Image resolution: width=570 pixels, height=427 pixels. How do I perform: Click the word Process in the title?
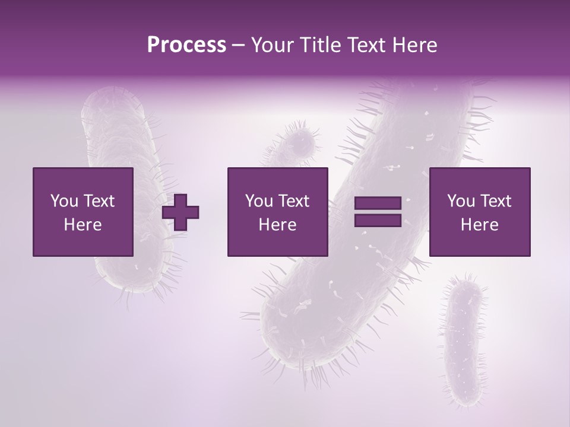(x=186, y=45)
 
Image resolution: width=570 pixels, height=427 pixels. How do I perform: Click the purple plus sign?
(x=180, y=212)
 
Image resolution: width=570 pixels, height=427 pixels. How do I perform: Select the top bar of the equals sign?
(x=378, y=203)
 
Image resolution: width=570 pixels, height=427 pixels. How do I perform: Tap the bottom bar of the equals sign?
(x=378, y=221)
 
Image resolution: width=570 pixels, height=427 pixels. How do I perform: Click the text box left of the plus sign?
(x=83, y=212)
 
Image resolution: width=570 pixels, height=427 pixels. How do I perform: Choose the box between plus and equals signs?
(x=277, y=212)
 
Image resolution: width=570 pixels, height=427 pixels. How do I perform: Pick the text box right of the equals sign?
(x=479, y=212)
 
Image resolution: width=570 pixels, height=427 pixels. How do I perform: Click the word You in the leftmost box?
(x=64, y=201)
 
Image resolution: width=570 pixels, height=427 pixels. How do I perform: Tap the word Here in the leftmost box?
(x=83, y=225)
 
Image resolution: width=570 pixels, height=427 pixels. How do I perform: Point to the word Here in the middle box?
(x=277, y=225)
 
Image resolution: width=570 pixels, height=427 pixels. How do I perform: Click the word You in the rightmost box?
(x=461, y=201)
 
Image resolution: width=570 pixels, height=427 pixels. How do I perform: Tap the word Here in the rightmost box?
(x=479, y=225)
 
